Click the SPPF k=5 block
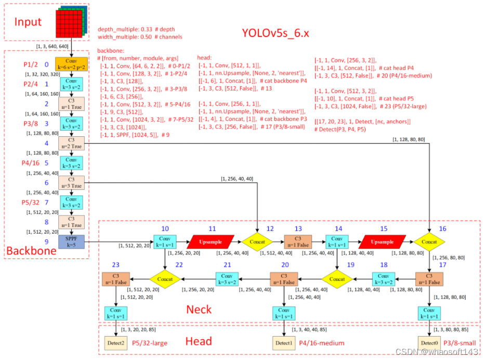71,241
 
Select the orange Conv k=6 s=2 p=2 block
71,65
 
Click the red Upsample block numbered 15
383,242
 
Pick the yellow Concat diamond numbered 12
257,242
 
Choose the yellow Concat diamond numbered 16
429,242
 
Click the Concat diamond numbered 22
165,279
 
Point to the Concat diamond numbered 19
337,279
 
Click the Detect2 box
115,343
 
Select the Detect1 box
284,343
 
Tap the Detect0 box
429,343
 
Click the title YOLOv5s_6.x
275,33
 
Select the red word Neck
199,310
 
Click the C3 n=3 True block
71,183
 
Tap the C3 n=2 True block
71,143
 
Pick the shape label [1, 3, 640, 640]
52,47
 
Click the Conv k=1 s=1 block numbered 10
165,242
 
